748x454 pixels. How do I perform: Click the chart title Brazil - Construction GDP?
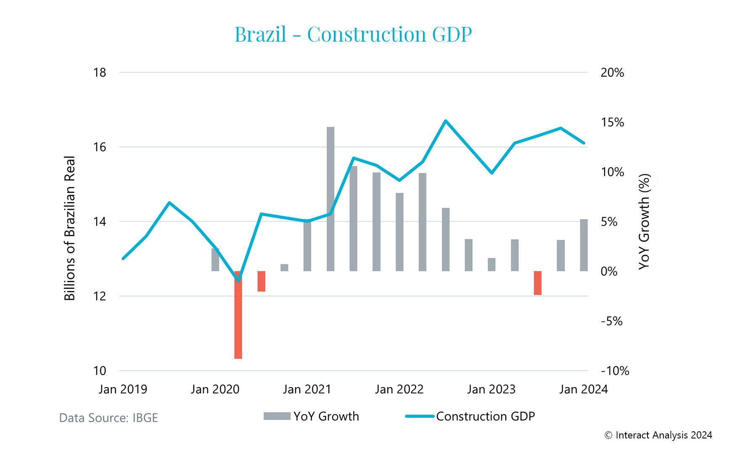(353, 34)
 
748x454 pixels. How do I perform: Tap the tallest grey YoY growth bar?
(330, 199)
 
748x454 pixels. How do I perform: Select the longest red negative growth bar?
(238, 315)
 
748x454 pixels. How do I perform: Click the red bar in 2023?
(537, 283)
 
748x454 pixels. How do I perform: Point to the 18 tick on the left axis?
(100, 73)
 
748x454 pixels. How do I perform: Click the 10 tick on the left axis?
(100, 371)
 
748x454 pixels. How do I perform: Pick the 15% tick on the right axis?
(612, 122)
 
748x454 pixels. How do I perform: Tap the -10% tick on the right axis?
(615, 371)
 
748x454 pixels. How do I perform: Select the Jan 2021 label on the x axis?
(307, 389)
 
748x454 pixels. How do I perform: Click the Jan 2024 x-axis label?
(584, 389)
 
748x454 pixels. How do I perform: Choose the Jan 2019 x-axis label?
(123, 389)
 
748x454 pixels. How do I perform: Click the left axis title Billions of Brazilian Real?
(69, 228)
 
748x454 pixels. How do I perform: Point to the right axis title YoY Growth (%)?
(645, 222)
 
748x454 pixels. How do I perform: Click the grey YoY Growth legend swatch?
(277, 416)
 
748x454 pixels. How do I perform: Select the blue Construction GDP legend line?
(420, 416)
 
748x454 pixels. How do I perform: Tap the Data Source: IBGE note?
(108, 418)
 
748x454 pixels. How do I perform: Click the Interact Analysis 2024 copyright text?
(658, 435)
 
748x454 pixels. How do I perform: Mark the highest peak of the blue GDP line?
(446, 121)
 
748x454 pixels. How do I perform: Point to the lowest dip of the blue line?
(238, 280)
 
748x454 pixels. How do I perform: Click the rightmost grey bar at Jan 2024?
(584, 245)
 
